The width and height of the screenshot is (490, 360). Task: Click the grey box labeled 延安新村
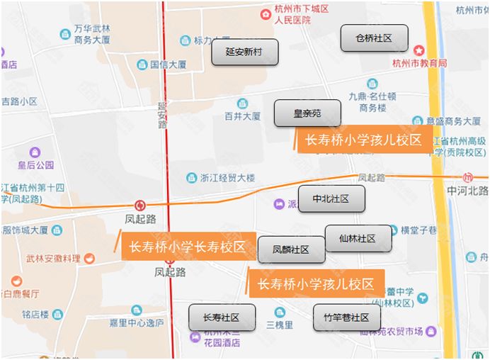[x=245, y=52]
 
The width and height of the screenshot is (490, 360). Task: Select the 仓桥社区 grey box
[x=374, y=38]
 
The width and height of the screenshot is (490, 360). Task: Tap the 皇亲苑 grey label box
[x=308, y=113]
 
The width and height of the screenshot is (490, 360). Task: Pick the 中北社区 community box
[x=331, y=199]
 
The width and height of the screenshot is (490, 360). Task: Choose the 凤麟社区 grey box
[x=292, y=249]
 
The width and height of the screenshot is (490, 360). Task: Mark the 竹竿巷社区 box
[x=347, y=317]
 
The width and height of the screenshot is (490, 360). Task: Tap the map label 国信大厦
[x=168, y=64]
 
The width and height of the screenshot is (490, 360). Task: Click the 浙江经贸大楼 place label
[x=227, y=177]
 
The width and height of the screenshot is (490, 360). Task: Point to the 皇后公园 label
[x=36, y=165]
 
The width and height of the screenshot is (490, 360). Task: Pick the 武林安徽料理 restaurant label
[x=53, y=259]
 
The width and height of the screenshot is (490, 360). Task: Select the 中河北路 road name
[x=467, y=191]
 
